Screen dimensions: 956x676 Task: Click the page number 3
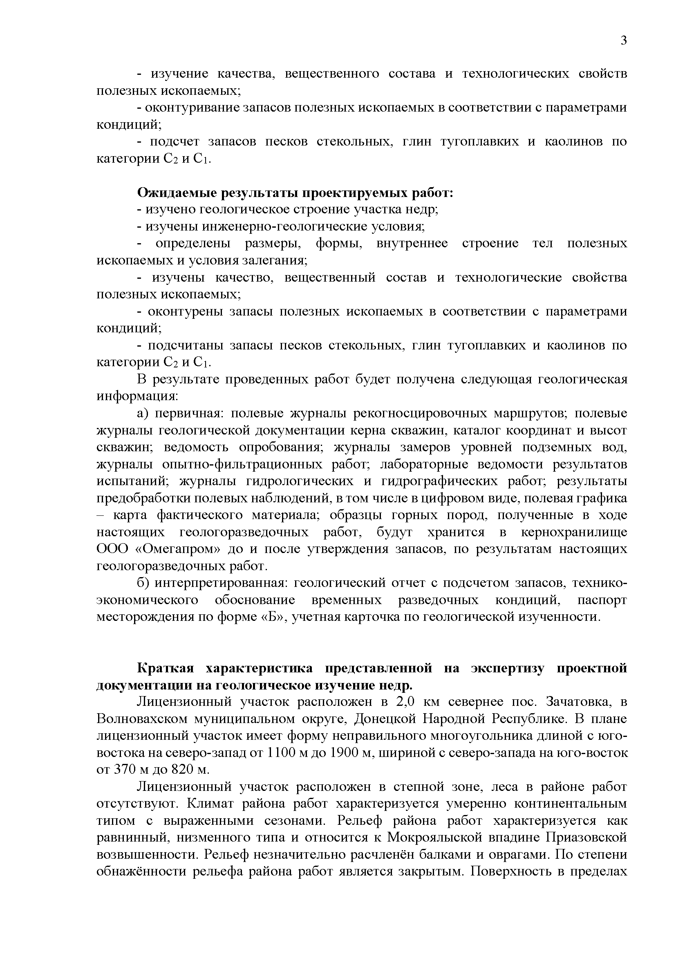623,40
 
